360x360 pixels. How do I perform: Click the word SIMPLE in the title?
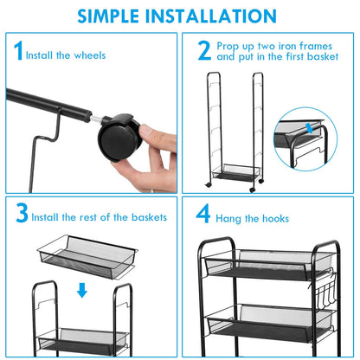coord(108,16)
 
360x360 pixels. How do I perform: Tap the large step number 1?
coord(18,50)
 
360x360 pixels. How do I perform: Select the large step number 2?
coord(204,50)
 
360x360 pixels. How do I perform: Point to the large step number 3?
coord(22,213)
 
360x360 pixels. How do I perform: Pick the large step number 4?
coord(203,214)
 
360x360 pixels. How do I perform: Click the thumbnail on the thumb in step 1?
coord(146,132)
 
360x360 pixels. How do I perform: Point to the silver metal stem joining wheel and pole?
coord(96,119)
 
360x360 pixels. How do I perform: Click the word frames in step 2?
coord(316,46)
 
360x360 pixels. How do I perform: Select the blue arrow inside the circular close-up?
coord(310,128)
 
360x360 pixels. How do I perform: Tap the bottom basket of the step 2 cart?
coord(235,172)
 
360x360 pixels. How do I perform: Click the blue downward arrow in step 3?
coord(82,290)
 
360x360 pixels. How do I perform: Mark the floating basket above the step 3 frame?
coord(87,257)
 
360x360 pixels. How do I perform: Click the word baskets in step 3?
coord(149,217)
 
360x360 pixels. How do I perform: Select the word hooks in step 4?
coord(275,219)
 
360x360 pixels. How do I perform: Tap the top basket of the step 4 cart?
coord(268,264)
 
